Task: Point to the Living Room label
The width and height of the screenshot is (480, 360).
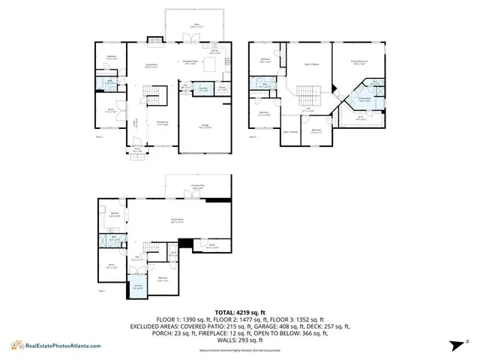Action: click(150, 66)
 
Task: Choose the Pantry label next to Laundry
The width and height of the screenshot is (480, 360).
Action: click(221, 88)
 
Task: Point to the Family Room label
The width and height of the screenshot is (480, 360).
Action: click(177, 220)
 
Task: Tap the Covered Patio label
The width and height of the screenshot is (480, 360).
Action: click(198, 186)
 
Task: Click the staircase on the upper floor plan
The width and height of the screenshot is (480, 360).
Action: click(308, 96)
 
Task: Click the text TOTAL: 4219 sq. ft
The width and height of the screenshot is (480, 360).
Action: click(240, 311)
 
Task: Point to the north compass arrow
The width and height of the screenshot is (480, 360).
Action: click(455, 344)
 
